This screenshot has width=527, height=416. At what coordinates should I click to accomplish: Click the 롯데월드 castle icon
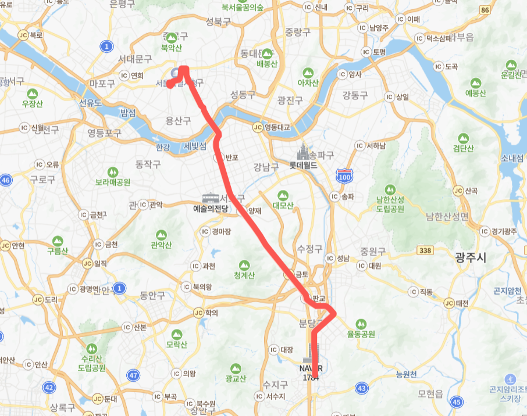tap(302, 152)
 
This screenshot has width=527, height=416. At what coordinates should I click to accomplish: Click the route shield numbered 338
tap(425, 250)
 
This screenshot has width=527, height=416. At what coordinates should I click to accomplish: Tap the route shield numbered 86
tap(485, 9)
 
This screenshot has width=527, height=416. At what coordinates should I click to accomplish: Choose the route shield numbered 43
tap(361, 388)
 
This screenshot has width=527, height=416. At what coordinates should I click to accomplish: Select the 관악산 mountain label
tap(161, 245)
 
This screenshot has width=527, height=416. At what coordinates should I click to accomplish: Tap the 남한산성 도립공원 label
tap(390, 205)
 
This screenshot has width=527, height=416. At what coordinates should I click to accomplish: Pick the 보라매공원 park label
tap(113, 182)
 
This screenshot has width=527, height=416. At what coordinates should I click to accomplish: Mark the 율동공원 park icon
tap(361, 323)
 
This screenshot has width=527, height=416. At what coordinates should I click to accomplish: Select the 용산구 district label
tap(178, 120)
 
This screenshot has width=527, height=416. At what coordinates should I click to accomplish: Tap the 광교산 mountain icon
tap(236, 368)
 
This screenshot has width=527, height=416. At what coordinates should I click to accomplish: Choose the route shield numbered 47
tap(134, 375)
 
